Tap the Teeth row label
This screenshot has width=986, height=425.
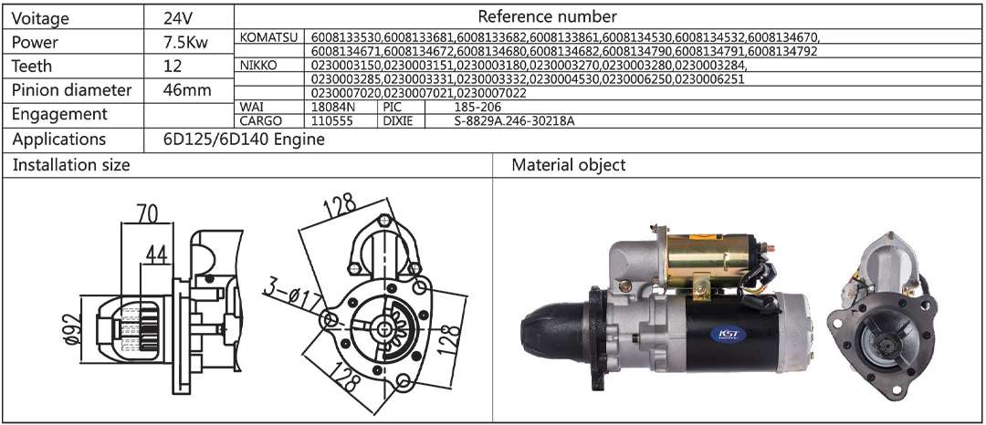32,66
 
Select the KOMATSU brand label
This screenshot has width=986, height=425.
267,36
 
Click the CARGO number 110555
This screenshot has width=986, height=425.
332,119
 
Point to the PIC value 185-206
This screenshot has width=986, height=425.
478,107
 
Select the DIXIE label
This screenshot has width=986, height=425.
397,119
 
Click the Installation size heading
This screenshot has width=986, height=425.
71,165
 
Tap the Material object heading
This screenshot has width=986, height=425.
568,165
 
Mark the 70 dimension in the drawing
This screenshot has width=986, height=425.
147,213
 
